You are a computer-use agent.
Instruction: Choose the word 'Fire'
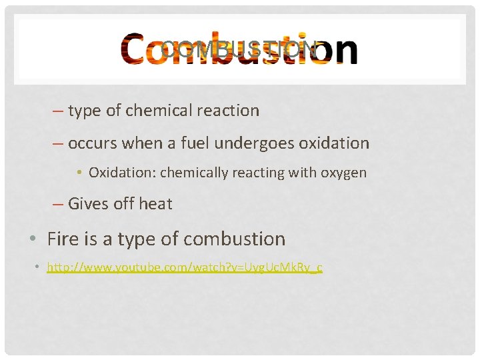point(62,239)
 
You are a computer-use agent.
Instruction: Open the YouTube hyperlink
point(185,268)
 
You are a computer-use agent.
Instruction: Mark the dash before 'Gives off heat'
point(57,204)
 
